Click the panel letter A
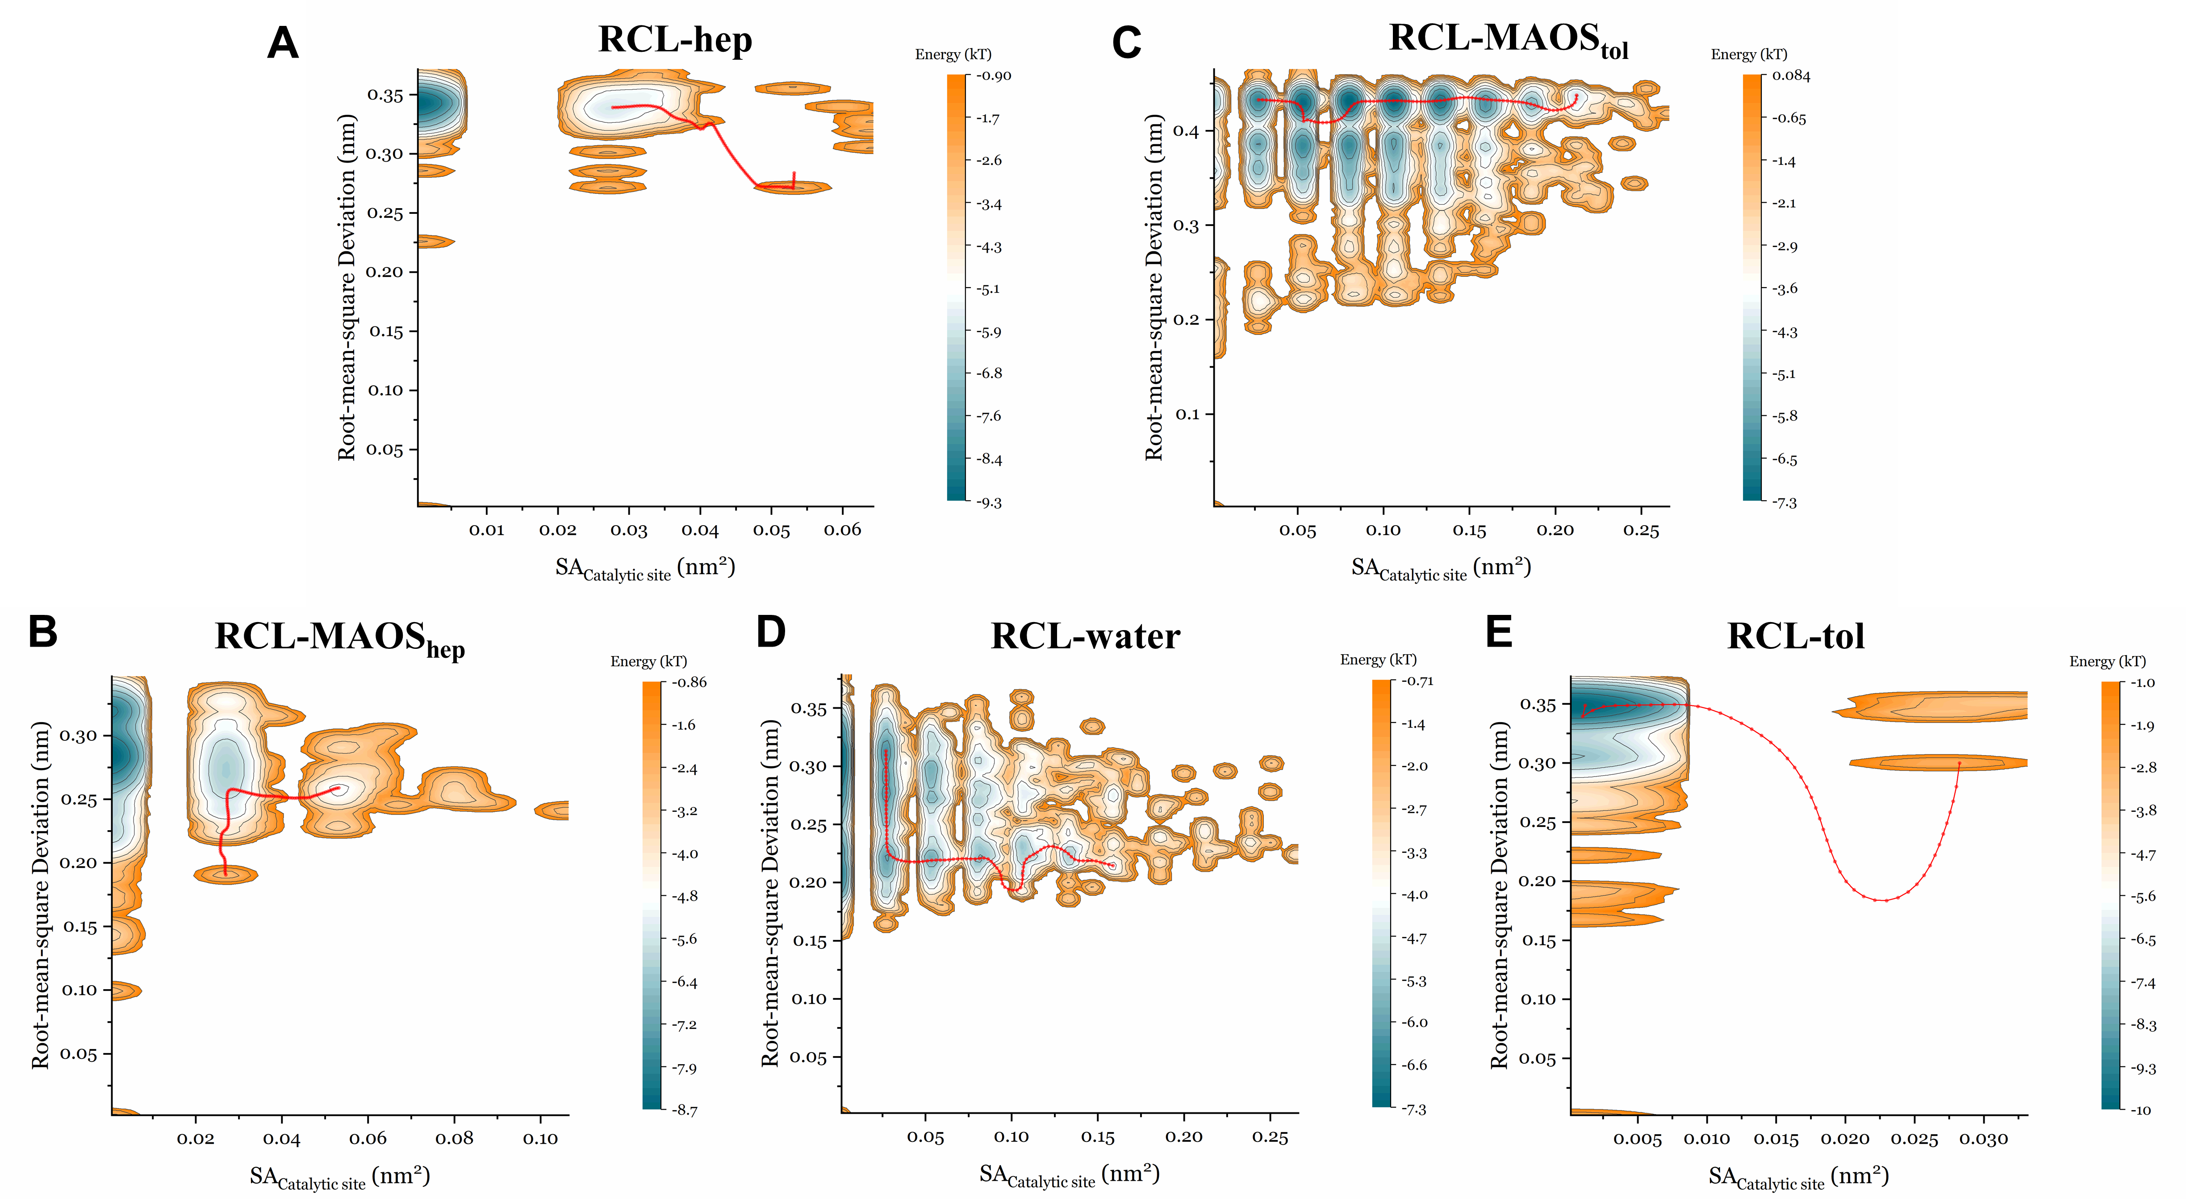click(283, 42)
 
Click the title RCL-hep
click(675, 40)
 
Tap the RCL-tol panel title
click(1796, 636)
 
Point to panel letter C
click(1126, 42)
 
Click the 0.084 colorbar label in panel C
click(1790, 75)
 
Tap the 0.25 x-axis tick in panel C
click(1640, 531)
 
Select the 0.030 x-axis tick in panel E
click(1983, 1139)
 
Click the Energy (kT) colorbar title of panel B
click(648, 661)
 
